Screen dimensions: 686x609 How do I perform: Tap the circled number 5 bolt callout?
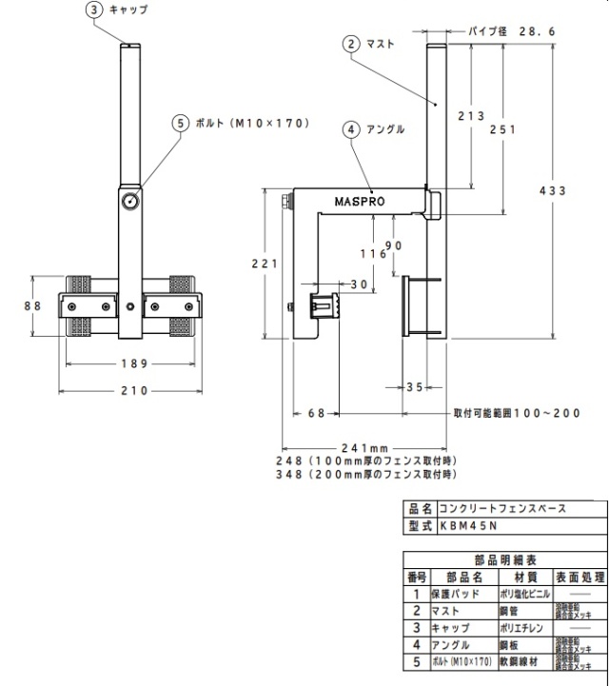(181, 123)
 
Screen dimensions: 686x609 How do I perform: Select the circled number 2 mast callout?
(351, 44)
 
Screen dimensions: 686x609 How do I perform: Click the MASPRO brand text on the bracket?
(358, 201)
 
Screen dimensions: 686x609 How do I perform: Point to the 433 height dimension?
(553, 191)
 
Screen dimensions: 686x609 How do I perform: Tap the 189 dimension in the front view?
(129, 363)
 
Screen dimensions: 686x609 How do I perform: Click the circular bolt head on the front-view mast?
(129, 202)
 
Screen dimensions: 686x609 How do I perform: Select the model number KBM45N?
(466, 524)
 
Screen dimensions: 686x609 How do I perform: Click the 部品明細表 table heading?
(504, 560)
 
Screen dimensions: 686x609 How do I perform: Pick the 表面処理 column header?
(577, 577)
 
